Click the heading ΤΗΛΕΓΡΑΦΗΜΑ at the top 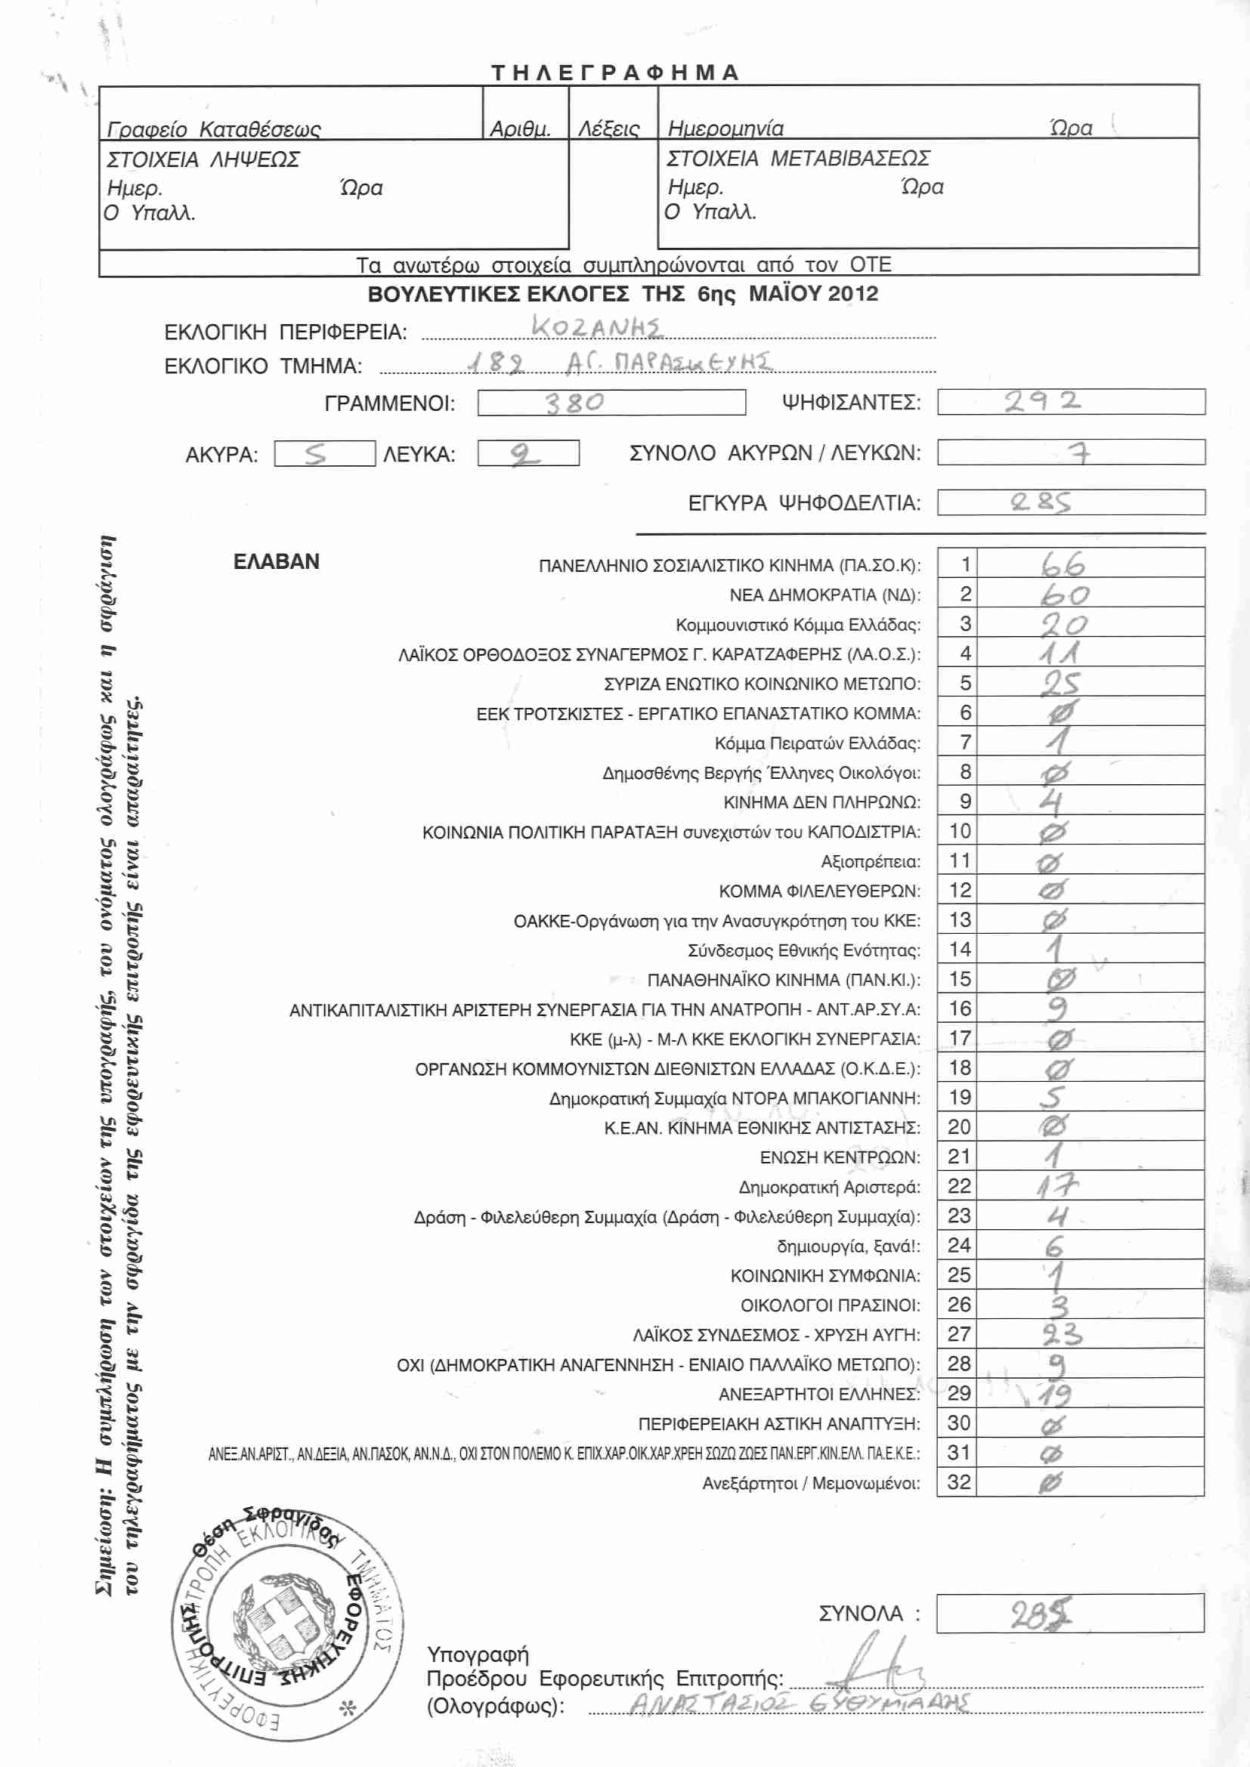click(x=615, y=73)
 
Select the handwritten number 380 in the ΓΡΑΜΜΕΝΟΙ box click(x=575, y=403)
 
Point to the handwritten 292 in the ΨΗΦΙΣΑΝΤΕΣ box click(x=1042, y=401)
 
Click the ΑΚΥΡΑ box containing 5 click(x=324, y=454)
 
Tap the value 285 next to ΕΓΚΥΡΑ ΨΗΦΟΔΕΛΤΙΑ click(x=1041, y=502)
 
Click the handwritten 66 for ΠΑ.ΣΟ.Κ click(x=1063, y=565)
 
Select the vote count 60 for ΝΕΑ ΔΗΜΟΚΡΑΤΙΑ click(x=1065, y=595)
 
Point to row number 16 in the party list click(x=960, y=1009)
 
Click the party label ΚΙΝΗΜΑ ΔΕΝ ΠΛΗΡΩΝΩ click(x=821, y=803)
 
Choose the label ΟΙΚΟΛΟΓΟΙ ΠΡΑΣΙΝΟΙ click(x=830, y=1305)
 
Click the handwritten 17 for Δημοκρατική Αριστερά click(x=1057, y=1186)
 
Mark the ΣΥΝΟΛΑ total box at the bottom click(x=1069, y=1613)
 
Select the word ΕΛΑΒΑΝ click(x=277, y=562)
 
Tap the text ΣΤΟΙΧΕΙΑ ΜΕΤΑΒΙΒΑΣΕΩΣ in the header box click(x=798, y=159)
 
